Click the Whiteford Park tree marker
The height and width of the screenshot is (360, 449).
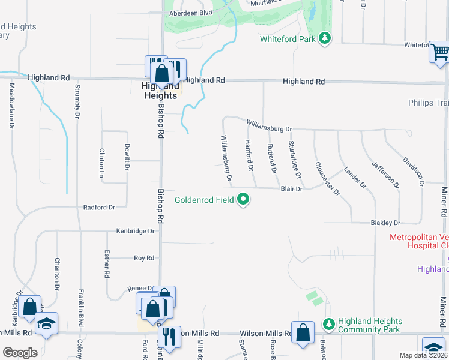pyautogui.click(x=325, y=39)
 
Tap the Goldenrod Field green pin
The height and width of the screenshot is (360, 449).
pyautogui.click(x=243, y=199)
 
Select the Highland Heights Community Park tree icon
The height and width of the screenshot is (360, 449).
pyautogui.click(x=328, y=324)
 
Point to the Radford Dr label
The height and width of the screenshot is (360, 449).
pyautogui.click(x=99, y=207)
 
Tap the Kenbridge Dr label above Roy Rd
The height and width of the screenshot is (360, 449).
pyautogui.click(x=136, y=230)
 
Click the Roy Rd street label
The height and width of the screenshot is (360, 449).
pyautogui.click(x=144, y=258)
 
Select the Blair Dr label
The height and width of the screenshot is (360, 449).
pyautogui.click(x=291, y=188)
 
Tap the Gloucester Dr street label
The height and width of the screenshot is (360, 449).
pyautogui.click(x=327, y=179)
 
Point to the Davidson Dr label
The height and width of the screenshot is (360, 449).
pyautogui.click(x=414, y=170)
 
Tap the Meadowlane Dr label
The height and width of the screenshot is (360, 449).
pyautogui.click(x=11, y=105)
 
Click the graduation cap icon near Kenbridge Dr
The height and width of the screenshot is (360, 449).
pyautogui.click(x=46, y=323)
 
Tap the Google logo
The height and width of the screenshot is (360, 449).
pyautogui.click(x=19, y=353)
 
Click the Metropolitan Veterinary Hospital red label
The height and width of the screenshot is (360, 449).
pyautogui.click(x=419, y=241)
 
